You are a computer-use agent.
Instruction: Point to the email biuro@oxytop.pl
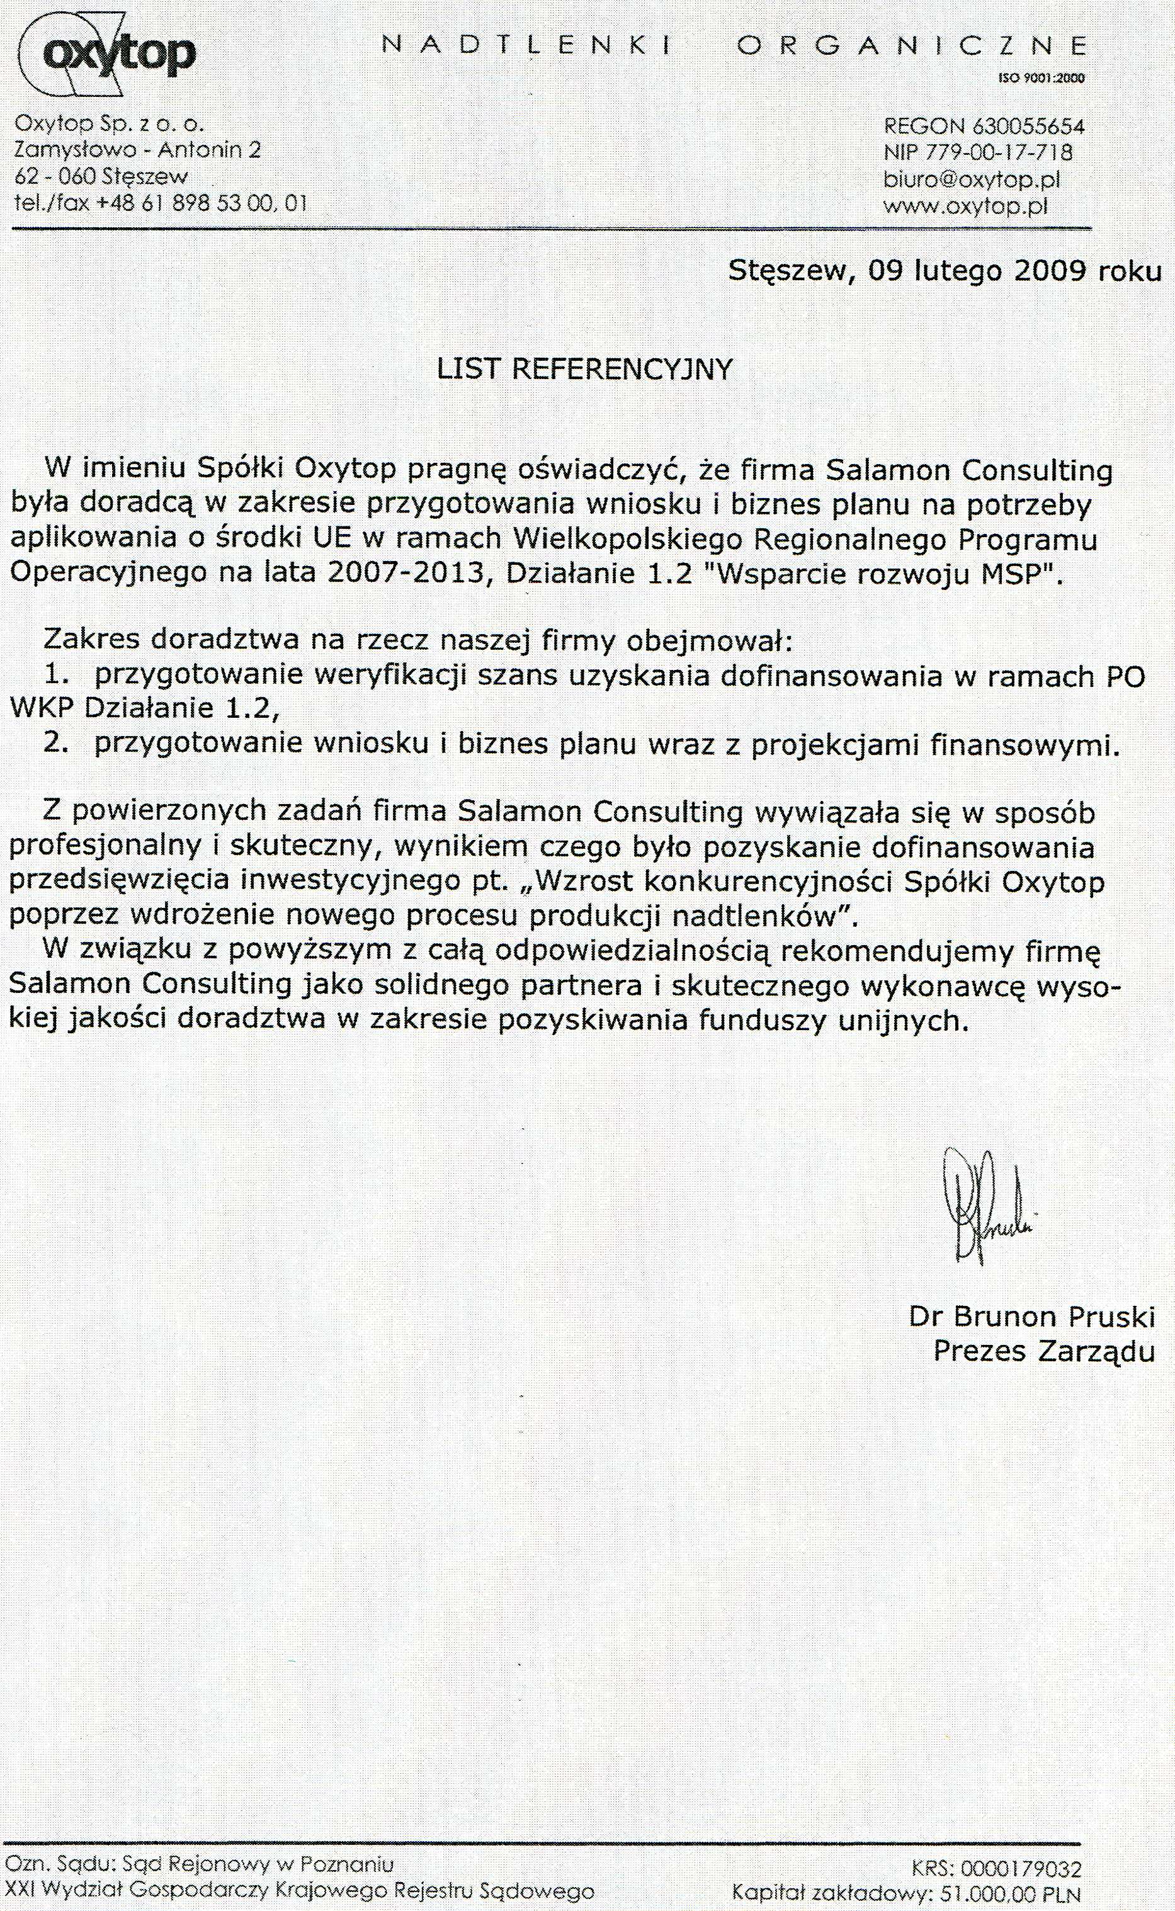[x=972, y=179]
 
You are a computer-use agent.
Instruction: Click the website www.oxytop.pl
[x=966, y=207]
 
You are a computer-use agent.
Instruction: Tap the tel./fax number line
[x=161, y=203]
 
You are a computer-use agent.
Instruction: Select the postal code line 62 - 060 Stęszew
[x=101, y=176]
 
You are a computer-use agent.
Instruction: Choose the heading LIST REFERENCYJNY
[x=585, y=369]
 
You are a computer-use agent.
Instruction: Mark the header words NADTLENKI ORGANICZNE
[x=734, y=47]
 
